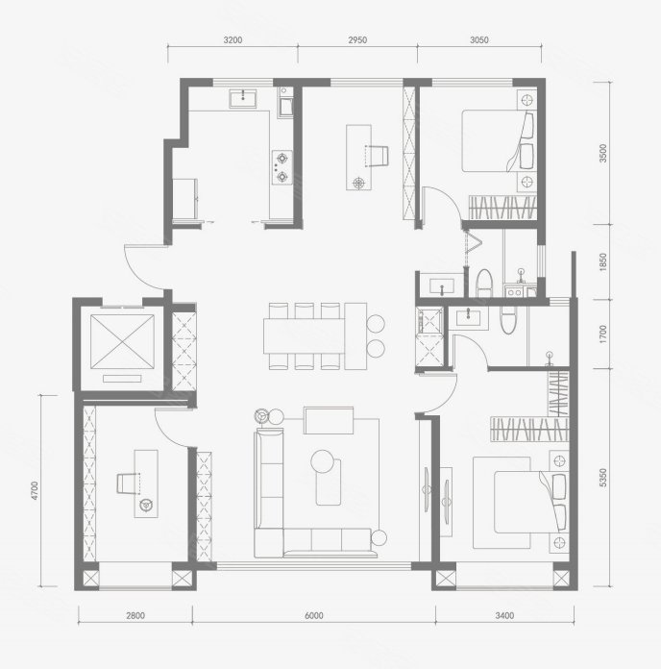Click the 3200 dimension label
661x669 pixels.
pyautogui.click(x=233, y=40)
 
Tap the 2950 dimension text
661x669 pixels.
pyautogui.click(x=357, y=40)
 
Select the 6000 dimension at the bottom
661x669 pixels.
pyautogui.click(x=314, y=615)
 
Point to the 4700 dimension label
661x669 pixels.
pyautogui.click(x=35, y=490)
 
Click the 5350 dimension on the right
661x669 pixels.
pyautogui.click(x=602, y=478)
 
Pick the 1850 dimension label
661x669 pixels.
pyautogui.click(x=602, y=262)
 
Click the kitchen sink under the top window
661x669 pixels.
pyautogui.click(x=243, y=99)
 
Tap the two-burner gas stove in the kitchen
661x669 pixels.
pyautogui.click(x=282, y=167)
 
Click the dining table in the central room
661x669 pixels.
pyautogui.click(x=304, y=335)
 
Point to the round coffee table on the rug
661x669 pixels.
pyautogui.click(x=322, y=461)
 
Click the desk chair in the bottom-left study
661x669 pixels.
pyautogui.click(x=128, y=483)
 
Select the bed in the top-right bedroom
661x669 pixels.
pyautogui.click(x=498, y=141)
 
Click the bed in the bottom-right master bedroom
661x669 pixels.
pyautogui.click(x=530, y=502)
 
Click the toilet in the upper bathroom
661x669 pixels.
pyautogui.click(x=484, y=283)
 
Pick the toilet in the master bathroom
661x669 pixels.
pyautogui.click(x=508, y=321)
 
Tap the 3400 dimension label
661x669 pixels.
pyautogui.click(x=504, y=615)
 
